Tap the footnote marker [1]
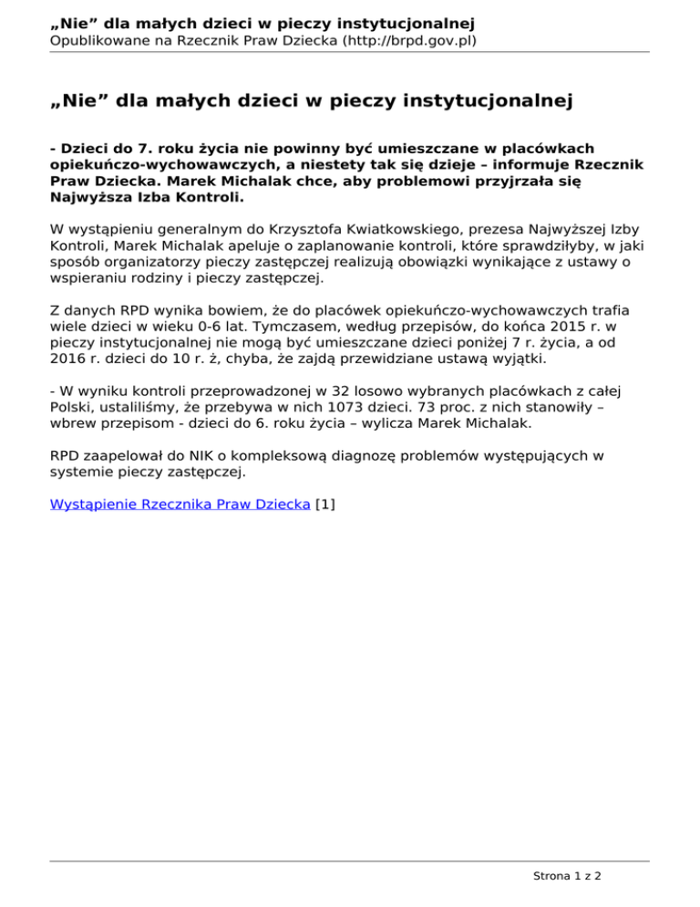coord(324,503)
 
